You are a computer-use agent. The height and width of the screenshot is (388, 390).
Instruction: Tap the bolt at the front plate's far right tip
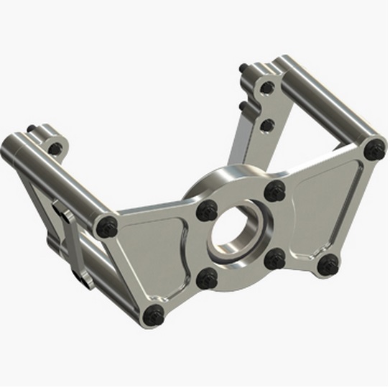(x=374, y=150)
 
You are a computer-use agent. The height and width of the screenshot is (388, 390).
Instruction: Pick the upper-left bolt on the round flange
(x=208, y=210)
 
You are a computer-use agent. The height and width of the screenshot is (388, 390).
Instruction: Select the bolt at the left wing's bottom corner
(x=153, y=314)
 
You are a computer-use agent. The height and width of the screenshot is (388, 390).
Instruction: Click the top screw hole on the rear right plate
(x=268, y=88)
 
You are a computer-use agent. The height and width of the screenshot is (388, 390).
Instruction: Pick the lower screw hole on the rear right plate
(x=266, y=126)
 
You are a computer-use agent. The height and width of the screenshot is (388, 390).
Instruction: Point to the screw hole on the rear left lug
(x=53, y=149)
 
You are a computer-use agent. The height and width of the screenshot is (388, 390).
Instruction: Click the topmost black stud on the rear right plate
(x=246, y=70)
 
